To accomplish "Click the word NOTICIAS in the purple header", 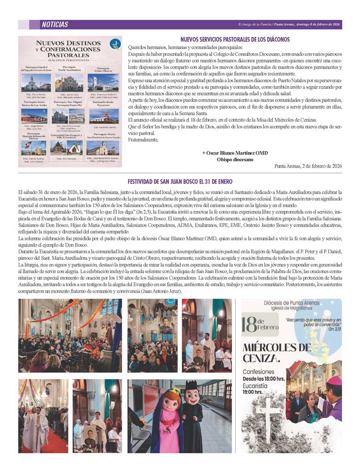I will (55, 25).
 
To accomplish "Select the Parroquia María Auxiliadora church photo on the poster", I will (69, 83).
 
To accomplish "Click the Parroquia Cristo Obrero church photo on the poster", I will (103, 83).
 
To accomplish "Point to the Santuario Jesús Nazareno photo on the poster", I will (103, 116).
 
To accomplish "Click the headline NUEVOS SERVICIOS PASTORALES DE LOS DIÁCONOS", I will (235, 40).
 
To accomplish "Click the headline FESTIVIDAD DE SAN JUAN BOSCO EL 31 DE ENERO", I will (180, 182).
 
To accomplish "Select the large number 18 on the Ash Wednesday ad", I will (249, 325).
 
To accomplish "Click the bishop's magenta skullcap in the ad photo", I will (334, 380).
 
